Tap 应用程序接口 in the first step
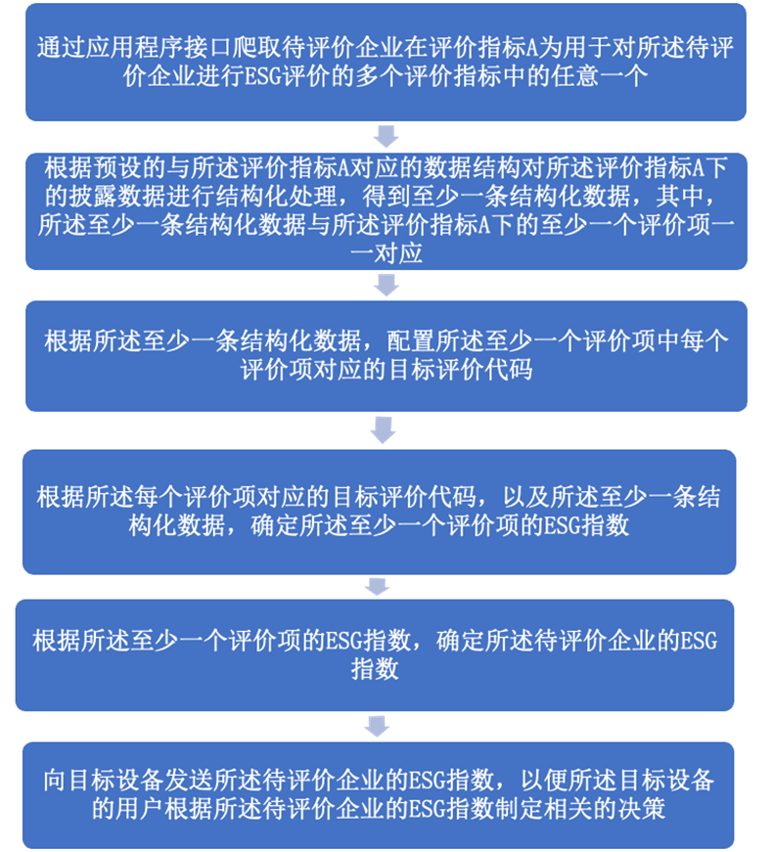point(170,48)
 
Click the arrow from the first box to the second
point(387,134)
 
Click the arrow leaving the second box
point(387,285)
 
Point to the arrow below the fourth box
point(376,586)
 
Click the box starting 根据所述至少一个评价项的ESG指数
point(375,654)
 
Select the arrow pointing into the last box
point(375,726)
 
